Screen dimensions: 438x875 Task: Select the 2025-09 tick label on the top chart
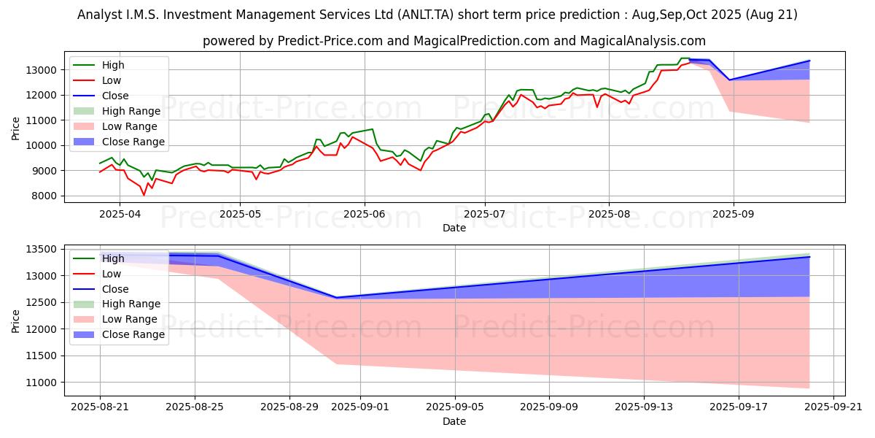coord(733,213)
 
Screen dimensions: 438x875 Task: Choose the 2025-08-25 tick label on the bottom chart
coord(195,407)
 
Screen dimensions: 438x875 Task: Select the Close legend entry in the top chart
coord(115,96)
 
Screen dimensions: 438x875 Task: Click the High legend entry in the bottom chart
coord(113,258)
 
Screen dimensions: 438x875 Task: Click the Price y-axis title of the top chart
coord(16,128)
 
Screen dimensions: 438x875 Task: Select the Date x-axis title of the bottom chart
coord(454,421)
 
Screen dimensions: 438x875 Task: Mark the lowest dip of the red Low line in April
coord(144,195)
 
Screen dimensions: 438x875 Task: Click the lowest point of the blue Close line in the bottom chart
coord(336,298)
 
